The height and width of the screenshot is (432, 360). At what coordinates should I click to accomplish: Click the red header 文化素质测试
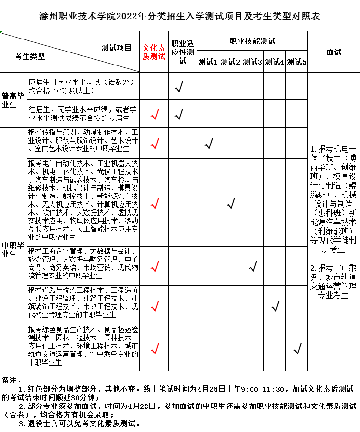pos(154,52)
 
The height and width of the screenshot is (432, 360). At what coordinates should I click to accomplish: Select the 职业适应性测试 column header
pos(182,52)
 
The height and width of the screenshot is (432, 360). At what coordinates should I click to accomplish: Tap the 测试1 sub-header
pos(208,62)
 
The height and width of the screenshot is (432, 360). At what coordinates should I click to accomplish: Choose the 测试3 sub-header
pos(252,62)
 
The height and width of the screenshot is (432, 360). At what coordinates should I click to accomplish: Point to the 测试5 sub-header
pos(296,62)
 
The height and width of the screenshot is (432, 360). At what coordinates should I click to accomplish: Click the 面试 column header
pos(333,52)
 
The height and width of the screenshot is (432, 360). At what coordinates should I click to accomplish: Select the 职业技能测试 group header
pos(252,41)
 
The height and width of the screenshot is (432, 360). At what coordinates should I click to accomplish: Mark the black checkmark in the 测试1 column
pos(209,144)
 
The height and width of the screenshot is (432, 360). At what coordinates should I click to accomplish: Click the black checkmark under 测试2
pos(231,203)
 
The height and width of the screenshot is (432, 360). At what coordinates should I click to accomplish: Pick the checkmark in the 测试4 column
pos(276,305)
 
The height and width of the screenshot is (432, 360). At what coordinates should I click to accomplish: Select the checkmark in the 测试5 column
pos(297,349)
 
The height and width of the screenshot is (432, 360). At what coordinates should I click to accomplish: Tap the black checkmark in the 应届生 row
pos(179,87)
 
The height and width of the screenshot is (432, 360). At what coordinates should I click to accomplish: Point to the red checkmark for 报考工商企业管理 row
pos(155,266)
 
